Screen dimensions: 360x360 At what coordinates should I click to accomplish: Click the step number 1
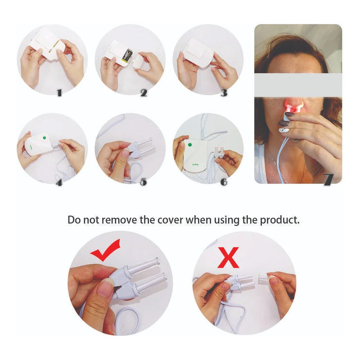click(x=59, y=93)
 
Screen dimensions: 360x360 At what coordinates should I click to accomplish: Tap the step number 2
click(x=144, y=93)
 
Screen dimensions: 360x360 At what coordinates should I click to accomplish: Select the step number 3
click(x=224, y=93)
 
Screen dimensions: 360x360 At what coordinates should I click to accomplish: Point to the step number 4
click(x=59, y=182)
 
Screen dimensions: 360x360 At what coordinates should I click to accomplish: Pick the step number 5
click(x=144, y=182)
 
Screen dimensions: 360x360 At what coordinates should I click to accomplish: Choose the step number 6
click(x=224, y=182)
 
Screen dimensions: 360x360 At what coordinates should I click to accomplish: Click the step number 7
click(x=328, y=179)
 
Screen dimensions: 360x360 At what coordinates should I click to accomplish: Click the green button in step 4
click(x=44, y=138)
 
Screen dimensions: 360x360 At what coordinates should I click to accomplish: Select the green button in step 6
click(x=190, y=145)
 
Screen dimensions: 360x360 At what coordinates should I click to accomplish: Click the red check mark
click(x=105, y=250)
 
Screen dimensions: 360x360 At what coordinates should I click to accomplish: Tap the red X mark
click(x=228, y=257)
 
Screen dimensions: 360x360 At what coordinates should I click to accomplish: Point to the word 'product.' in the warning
click(x=279, y=220)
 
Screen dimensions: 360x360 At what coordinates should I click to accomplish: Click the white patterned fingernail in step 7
click(x=284, y=130)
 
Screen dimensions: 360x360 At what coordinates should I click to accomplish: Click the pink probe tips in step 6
click(x=219, y=150)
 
